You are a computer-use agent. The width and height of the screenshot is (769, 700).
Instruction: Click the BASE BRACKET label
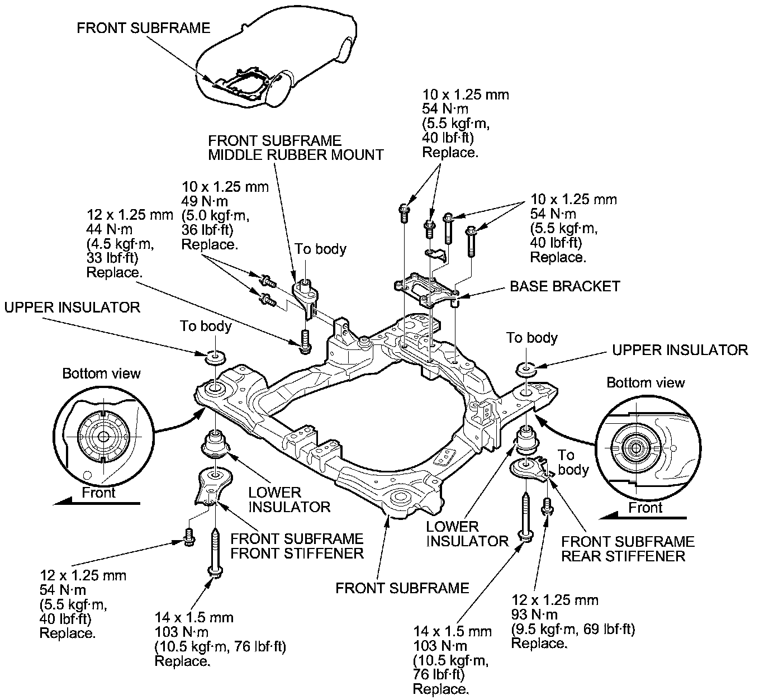tap(564, 286)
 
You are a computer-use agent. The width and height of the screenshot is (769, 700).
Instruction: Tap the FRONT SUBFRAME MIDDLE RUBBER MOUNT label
tap(296, 147)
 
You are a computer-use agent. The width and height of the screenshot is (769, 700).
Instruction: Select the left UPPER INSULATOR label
tap(72, 307)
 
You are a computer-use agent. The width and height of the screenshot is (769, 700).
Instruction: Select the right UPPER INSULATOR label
tap(680, 350)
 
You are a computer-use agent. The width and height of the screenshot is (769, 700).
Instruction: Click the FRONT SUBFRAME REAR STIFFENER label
tap(628, 548)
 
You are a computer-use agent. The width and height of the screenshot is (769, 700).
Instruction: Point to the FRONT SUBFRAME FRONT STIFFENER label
tap(297, 546)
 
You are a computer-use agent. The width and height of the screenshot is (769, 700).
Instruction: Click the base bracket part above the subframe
tap(426, 288)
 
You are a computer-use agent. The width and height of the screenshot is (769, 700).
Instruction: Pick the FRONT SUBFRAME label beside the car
tap(143, 28)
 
